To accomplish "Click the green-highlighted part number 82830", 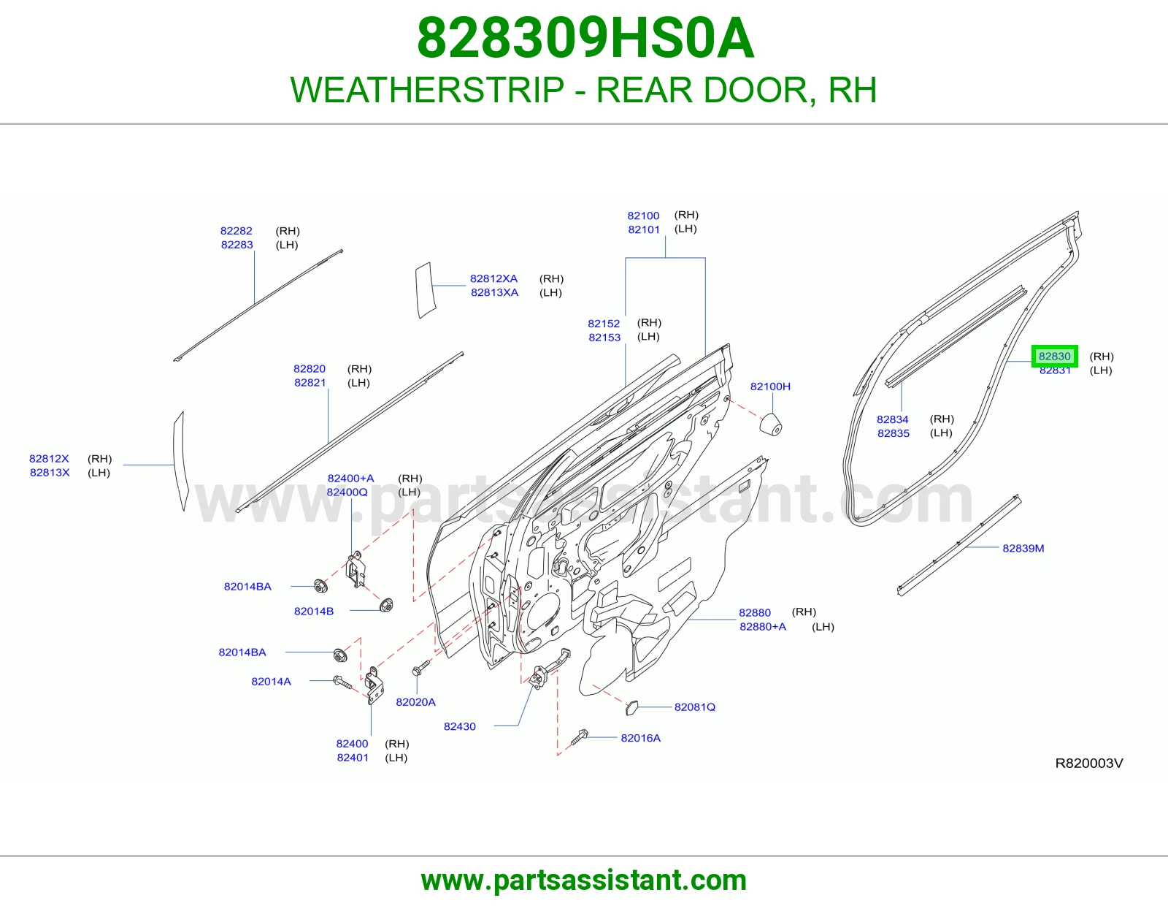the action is pos(1054,356).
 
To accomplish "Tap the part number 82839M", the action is pos(1023,548).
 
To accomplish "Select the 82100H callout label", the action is pos(770,387).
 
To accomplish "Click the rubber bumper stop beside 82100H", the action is pos(770,424).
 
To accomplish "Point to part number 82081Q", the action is pos(694,707).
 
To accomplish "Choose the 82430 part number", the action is pos(460,726).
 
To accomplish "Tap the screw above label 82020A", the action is pos(421,669).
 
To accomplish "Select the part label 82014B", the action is pos(314,611).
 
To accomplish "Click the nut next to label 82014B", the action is pos(386,605).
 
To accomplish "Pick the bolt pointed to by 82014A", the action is pos(342,682).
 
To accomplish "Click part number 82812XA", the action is pos(493,278).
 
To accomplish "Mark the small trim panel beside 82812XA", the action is pos(425,289).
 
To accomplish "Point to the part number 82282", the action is pos(236,231).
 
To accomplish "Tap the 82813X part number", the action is pos(50,473).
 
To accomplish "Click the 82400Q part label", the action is pos(347,492).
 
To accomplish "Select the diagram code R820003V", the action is pos(1089,764).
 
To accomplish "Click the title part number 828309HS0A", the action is pos(585,38).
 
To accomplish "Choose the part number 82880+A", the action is pos(763,627).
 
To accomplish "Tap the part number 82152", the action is pos(604,324).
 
